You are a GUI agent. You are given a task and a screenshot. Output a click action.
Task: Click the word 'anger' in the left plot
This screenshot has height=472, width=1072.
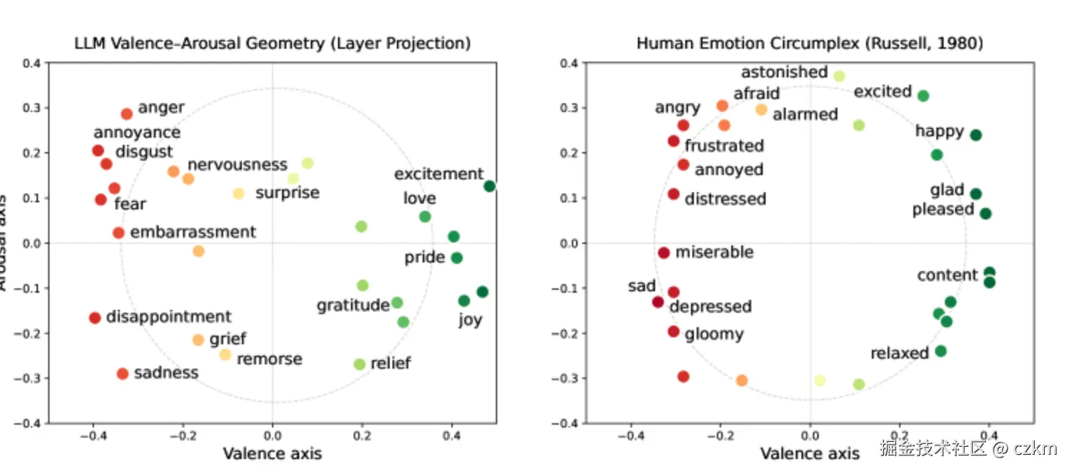pyautogui.click(x=161, y=108)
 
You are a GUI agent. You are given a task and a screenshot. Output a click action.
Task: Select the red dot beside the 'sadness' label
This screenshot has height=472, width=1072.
pyautogui.click(x=122, y=374)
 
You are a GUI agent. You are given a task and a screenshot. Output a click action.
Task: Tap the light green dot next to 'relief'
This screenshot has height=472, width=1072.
pyautogui.click(x=359, y=364)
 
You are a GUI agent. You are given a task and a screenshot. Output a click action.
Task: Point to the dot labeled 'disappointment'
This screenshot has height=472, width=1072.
pyautogui.click(x=95, y=318)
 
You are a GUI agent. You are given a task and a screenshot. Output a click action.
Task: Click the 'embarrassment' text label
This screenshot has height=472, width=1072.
pyautogui.click(x=193, y=232)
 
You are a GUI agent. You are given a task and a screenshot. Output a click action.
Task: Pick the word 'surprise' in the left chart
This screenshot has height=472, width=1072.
pyautogui.click(x=287, y=193)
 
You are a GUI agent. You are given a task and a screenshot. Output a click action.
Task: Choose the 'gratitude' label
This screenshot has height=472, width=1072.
pyautogui.click(x=352, y=306)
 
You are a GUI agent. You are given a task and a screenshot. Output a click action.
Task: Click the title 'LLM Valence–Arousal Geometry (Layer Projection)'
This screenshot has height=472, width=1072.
pyautogui.click(x=273, y=44)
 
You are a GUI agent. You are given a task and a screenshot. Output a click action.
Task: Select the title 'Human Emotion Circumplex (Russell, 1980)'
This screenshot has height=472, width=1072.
pyautogui.click(x=809, y=44)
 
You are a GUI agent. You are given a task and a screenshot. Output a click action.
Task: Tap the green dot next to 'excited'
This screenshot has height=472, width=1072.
pyautogui.click(x=923, y=96)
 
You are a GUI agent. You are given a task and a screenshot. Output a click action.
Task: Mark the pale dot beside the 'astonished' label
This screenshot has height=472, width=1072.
pyautogui.click(x=840, y=76)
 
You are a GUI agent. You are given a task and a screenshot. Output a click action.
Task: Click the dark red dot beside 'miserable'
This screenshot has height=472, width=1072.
pyautogui.click(x=664, y=253)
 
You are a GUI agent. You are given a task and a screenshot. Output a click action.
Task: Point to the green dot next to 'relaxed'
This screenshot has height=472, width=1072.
pyautogui.click(x=941, y=351)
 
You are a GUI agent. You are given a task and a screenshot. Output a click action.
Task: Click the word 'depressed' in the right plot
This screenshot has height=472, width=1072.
pyautogui.click(x=710, y=307)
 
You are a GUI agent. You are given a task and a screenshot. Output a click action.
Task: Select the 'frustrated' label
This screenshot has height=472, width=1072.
pyautogui.click(x=724, y=146)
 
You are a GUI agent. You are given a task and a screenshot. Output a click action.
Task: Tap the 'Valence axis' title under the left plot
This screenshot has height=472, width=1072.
pyautogui.click(x=272, y=453)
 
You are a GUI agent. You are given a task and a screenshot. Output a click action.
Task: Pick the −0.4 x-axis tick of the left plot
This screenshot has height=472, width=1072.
pyautogui.click(x=93, y=435)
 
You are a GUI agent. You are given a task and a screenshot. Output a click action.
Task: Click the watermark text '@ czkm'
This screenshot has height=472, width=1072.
pyautogui.click(x=1025, y=450)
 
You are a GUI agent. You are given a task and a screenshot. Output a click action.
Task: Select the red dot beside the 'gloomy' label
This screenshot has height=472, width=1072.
pyautogui.click(x=673, y=331)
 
